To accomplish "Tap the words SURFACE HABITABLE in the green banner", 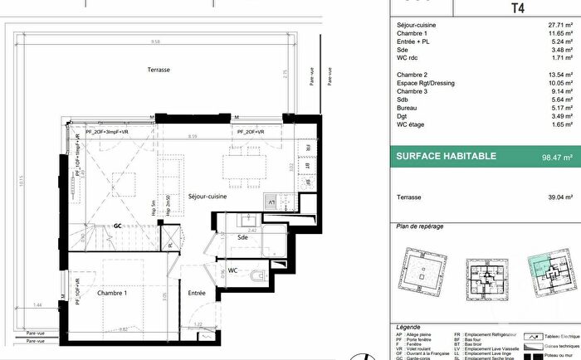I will coord(445,155).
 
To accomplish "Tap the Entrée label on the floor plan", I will coord(196,293).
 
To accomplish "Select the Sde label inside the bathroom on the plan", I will coord(242,236).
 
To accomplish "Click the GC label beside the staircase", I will coord(118,226).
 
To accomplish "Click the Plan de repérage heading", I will coord(420,226).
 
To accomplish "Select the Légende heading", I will coord(409,327).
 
